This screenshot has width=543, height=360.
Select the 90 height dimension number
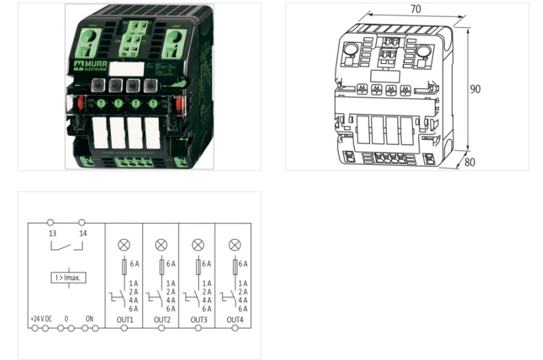click(x=478, y=89)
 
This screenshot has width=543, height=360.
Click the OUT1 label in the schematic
click(x=125, y=319)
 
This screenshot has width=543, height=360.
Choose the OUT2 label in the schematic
click(x=162, y=319)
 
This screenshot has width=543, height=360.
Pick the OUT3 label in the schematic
click(x=198, y=319)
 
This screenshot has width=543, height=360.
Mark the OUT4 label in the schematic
click(x=235, y=319)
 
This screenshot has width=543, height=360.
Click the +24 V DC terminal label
click(x=41, y=319)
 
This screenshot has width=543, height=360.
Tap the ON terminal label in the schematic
click(x=89, y=319)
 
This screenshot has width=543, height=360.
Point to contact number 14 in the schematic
click(x=81, y=233)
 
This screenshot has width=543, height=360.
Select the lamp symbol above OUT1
click(x=124, y=245)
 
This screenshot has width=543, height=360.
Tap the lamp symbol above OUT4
click(x=234, y=245)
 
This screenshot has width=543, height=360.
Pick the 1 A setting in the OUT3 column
click(x=206, y=283)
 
